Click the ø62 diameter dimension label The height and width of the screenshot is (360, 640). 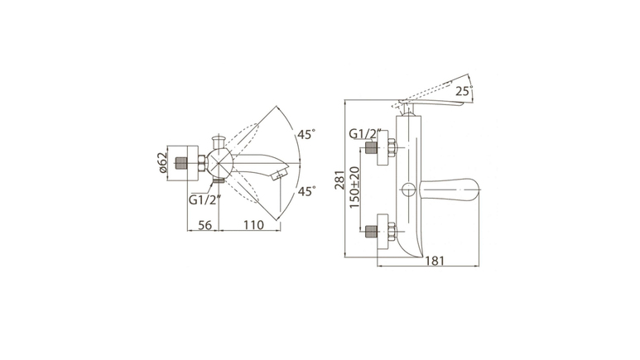(162, 162)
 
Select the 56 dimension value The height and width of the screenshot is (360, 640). (205, 225)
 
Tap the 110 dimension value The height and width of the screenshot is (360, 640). (253, 225)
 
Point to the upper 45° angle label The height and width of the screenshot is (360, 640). (306, 134)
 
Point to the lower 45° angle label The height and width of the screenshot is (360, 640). (306, 191)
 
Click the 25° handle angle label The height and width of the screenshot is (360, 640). (464, 90)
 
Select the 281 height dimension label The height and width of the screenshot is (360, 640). (339, 180)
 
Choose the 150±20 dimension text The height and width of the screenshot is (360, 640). (354, 187)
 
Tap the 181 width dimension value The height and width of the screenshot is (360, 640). (435, 261)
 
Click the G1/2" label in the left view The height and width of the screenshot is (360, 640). (205, 199)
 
